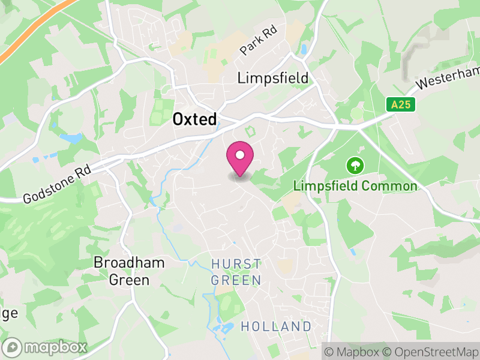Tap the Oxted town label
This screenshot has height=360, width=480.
click(x=194, y=119)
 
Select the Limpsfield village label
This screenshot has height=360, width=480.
click(x=273, y=78)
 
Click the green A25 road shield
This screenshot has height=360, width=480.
click(x=400, y=105)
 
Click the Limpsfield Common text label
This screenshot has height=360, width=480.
click(x=355, y=186)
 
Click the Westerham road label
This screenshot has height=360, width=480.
click(x=448, y=75)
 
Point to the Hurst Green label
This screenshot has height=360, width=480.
click(x=236, y=272)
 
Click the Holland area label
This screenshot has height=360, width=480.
click(x=276, y=327)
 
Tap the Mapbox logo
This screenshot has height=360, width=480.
click(x=46, y=347)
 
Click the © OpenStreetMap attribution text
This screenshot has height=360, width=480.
click(x=431, y=351)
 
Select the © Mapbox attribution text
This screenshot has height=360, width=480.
click(x=352, y=351)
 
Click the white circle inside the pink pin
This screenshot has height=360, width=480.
click(x=240, y=154)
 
